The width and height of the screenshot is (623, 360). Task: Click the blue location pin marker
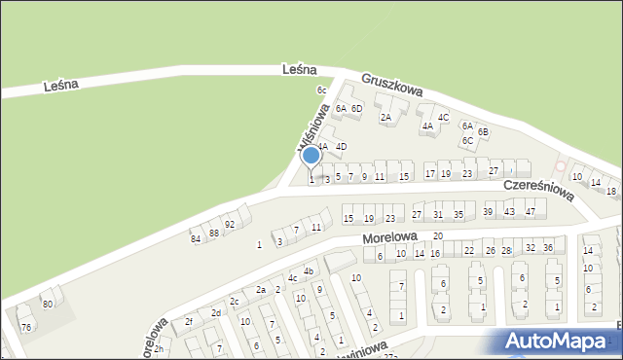311,156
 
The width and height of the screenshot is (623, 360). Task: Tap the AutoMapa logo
560,341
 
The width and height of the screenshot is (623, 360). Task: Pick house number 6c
321,90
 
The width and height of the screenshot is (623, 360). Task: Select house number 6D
356,108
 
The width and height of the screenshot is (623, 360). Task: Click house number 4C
443,118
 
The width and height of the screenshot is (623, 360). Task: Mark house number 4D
341,147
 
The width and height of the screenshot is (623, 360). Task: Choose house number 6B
483,131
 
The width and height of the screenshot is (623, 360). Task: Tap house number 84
196,238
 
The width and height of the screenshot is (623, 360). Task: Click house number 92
230,225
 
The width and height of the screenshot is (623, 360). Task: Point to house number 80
47,304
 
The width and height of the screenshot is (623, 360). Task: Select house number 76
26,327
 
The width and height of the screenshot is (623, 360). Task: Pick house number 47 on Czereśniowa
530,211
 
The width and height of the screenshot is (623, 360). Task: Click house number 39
488,211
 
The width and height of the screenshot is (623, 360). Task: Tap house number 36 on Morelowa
547,248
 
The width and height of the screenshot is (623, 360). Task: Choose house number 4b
308,270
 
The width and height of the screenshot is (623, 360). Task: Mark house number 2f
189,321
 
